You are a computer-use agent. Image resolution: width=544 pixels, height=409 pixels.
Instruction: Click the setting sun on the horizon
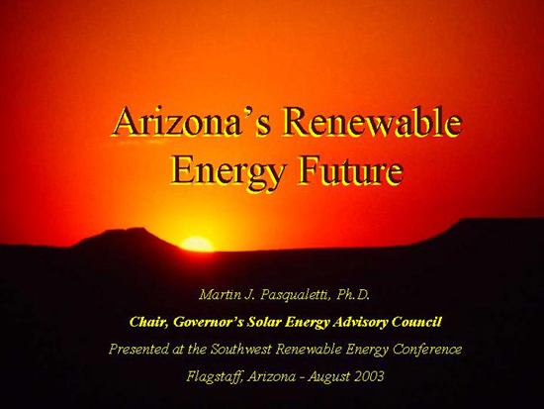[x=197, y=244]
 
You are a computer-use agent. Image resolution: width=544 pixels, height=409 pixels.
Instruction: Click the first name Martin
[x=221, y=295]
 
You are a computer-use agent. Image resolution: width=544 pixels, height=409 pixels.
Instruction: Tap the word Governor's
[x=208, y=322]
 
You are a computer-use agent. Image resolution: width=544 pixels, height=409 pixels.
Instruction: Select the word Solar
[x=264, y=322]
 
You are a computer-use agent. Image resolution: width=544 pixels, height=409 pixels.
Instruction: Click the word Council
[x=416, y=322]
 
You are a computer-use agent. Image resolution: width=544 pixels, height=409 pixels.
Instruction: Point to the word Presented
[x=138, y=349]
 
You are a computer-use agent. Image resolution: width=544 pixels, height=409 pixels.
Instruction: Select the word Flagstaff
[x=215, y=376]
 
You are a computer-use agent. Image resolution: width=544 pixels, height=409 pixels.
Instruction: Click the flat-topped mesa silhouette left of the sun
[x=125, y=238]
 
